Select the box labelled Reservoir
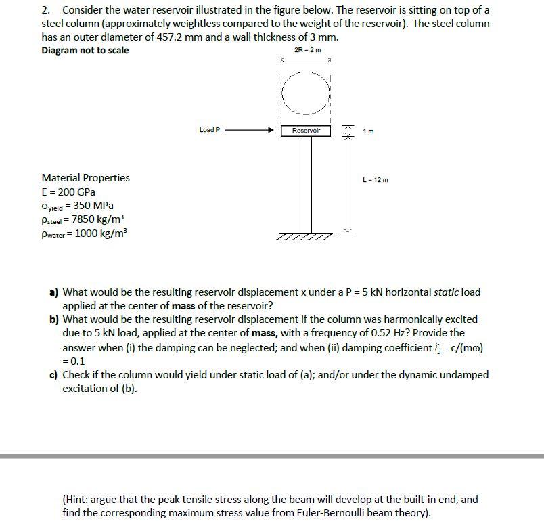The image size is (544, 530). click(306, 130)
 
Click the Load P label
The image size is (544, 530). click(210, 130)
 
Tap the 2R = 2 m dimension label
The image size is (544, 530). click(308, 50)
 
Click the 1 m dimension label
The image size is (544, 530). click(368, 131)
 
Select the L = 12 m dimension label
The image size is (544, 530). click(376, 179)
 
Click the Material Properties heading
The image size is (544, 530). click(85, 178)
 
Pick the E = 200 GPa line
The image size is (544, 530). click(68, 192)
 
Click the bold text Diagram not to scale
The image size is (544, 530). click(85, 50)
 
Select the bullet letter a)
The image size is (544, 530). click(53, 292)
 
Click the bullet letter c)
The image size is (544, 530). click(53, 374)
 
